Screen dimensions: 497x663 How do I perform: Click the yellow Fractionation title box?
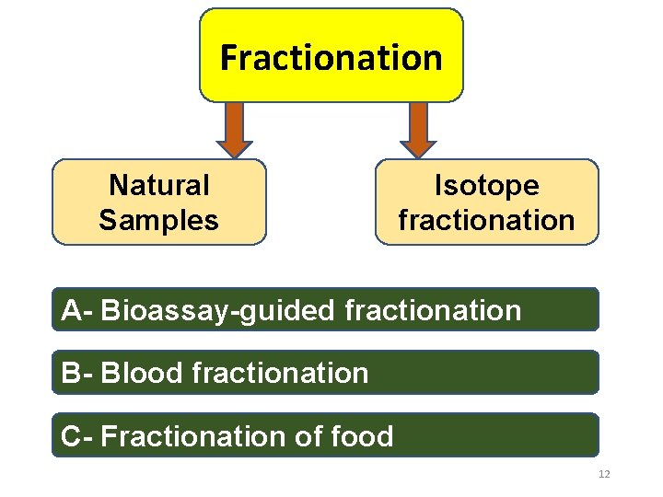tap(331, 55)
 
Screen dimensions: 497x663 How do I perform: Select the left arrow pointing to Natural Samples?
tap(235, 129)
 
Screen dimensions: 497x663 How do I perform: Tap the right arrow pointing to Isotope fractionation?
tap(419, 129)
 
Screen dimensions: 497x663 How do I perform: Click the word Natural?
tap(159, 185)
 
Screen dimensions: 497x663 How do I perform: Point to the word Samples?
tap(159, 221)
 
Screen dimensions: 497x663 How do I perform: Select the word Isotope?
tap(486, 185)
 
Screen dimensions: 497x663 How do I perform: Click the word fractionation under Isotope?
tap(486, 221)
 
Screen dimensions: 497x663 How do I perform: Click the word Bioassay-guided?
tap(219, 311)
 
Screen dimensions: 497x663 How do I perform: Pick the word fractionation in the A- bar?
tap(433, 310)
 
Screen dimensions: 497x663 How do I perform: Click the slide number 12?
tap(604, 474)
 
